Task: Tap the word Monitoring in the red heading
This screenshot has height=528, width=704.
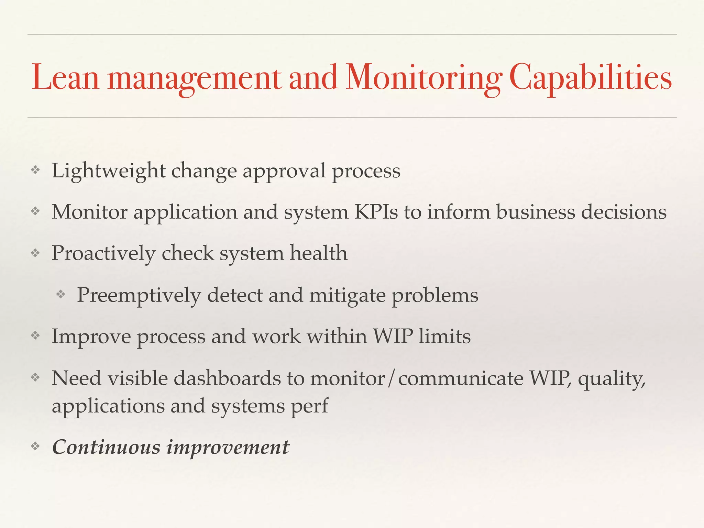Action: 423,78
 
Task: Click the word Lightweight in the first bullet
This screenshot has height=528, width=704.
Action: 108,171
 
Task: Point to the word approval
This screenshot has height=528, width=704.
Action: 284,171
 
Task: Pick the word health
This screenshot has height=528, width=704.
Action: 318,253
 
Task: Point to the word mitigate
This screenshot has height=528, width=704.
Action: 347,296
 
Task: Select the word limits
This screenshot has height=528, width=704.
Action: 444,336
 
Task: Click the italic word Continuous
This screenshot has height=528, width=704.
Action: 106,447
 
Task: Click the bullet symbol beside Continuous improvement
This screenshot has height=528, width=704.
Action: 35,447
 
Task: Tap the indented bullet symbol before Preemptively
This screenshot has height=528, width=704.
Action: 61,294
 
